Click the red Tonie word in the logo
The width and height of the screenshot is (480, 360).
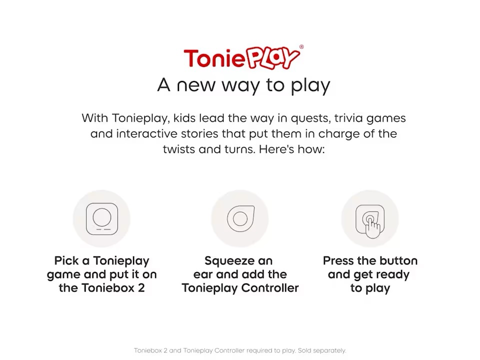[213, 58]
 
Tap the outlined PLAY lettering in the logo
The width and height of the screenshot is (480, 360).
[272, 57]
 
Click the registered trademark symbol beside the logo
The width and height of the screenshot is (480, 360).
[301, 47]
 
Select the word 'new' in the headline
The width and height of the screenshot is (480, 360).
[196, 85]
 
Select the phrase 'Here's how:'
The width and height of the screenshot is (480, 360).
[291, 149]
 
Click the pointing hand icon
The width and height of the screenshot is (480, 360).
[372, 227]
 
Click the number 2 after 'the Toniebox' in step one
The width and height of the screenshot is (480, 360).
[141, 288]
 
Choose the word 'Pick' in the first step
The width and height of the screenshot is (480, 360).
[66, 261]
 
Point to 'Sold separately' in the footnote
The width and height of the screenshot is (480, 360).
[322, 350]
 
